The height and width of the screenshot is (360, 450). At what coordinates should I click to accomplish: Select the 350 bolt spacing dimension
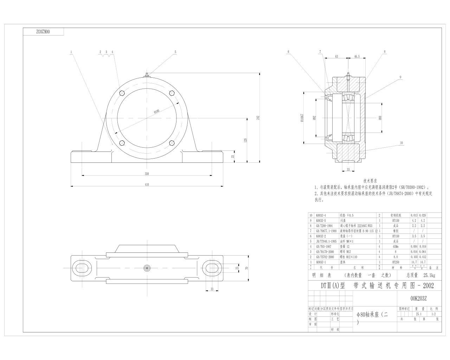(x=147, y=173)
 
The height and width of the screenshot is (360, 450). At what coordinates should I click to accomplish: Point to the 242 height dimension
(x=258, y=118)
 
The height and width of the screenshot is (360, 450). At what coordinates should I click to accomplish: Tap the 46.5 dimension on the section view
(x=356, y=56)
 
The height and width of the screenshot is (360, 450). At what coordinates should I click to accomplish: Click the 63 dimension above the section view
(x=336, y=56)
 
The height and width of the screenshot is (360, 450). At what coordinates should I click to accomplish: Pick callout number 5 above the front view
(x=175, y=52)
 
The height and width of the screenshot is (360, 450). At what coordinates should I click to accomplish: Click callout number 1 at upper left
(x=71, y=52)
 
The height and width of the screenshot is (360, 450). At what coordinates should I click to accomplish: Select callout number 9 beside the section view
(x=400, y=77)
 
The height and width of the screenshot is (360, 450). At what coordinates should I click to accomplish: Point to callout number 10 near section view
(x=401, y=143)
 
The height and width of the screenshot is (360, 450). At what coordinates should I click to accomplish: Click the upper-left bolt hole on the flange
(x=122, y=93)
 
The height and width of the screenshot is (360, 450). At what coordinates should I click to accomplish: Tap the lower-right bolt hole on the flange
(x=172, y=143)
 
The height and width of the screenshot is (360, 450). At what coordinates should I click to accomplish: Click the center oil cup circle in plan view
(x=147, y=268)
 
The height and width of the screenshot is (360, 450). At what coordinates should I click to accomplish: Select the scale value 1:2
(x=433, y=314)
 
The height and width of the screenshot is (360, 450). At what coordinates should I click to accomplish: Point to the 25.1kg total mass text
(x=426, y=275)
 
